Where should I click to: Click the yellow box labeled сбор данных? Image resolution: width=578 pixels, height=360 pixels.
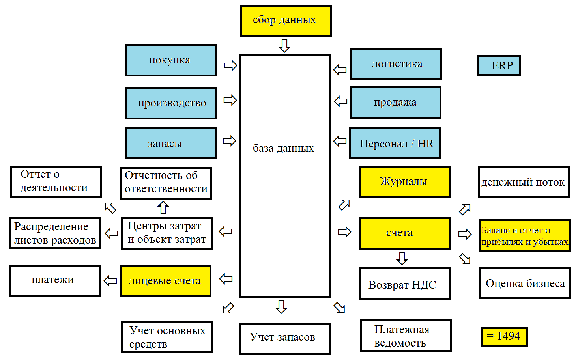click(x=286, y=21)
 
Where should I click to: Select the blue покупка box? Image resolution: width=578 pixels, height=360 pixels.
click(x=171, y=60)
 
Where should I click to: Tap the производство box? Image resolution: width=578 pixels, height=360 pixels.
click(x=171, y=103)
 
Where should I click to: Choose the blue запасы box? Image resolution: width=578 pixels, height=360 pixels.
click(x=171, y=143)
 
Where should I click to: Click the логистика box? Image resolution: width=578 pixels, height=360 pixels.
click(x=396, y=64)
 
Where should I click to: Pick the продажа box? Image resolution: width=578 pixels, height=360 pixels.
click(x=395, y=103)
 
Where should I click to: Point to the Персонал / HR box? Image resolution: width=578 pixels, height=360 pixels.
click(x=395, y=143)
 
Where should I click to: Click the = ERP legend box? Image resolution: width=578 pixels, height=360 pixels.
click(x=499, y=65)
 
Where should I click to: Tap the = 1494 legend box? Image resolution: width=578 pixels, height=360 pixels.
click(x=504, y=336)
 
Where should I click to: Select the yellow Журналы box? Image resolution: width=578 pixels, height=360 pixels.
click(x=404, y=182)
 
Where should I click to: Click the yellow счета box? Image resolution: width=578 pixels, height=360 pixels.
click(x=405, y=233)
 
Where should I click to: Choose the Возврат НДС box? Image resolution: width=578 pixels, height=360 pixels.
click(x=405, y=284)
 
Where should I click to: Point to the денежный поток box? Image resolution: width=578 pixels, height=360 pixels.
click(x=524, y=182)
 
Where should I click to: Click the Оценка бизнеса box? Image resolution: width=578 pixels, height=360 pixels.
click(x=525, y=283)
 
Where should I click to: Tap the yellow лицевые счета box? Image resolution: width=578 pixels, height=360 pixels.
click(x=165, y=281)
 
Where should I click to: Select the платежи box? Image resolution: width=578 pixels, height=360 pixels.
click(x=54, y=280)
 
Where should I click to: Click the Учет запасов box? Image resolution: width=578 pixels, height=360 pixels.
click(x=284, y=338)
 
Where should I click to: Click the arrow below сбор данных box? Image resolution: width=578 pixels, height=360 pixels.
click(x=284, y=46)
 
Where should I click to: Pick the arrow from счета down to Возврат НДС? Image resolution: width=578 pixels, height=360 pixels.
click(x=402, y=258)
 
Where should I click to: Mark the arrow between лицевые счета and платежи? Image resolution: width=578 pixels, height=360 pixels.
click(x=110, y=281)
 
